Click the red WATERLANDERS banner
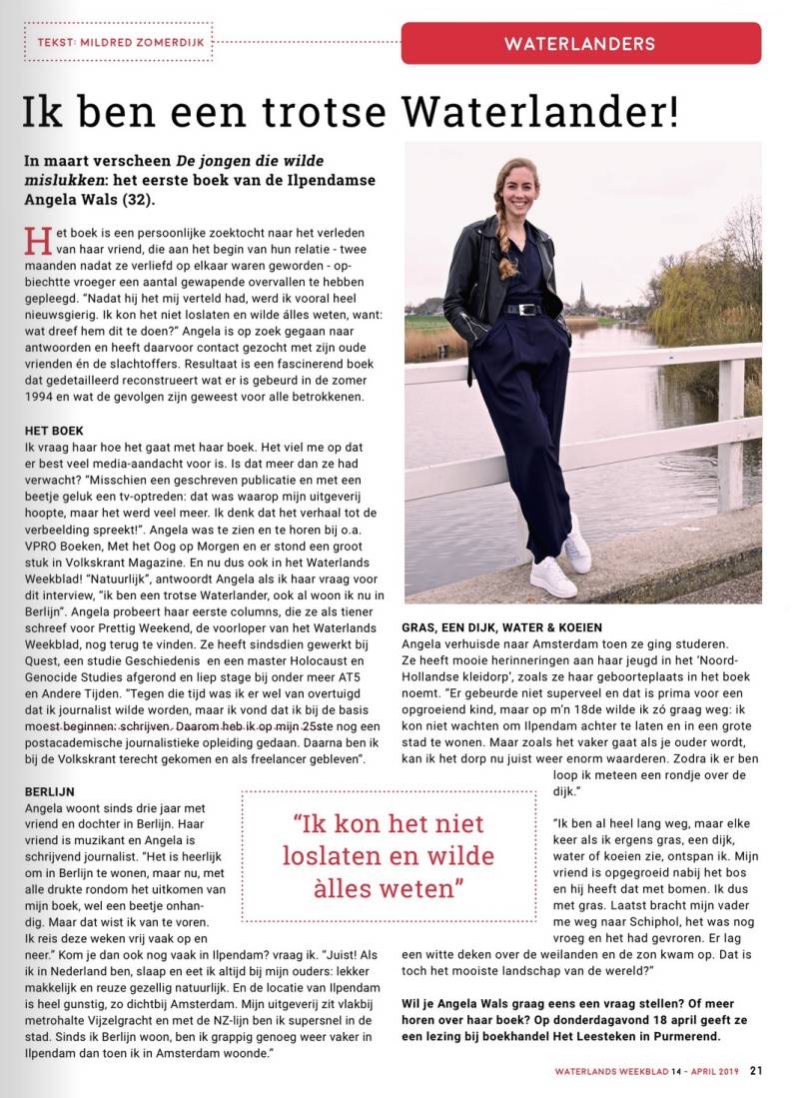tap(580, 44)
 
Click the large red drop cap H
tap(39, 242)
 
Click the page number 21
tap(757, 1070)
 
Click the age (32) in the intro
tap(140, 199)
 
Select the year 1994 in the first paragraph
tap(44, 398)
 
